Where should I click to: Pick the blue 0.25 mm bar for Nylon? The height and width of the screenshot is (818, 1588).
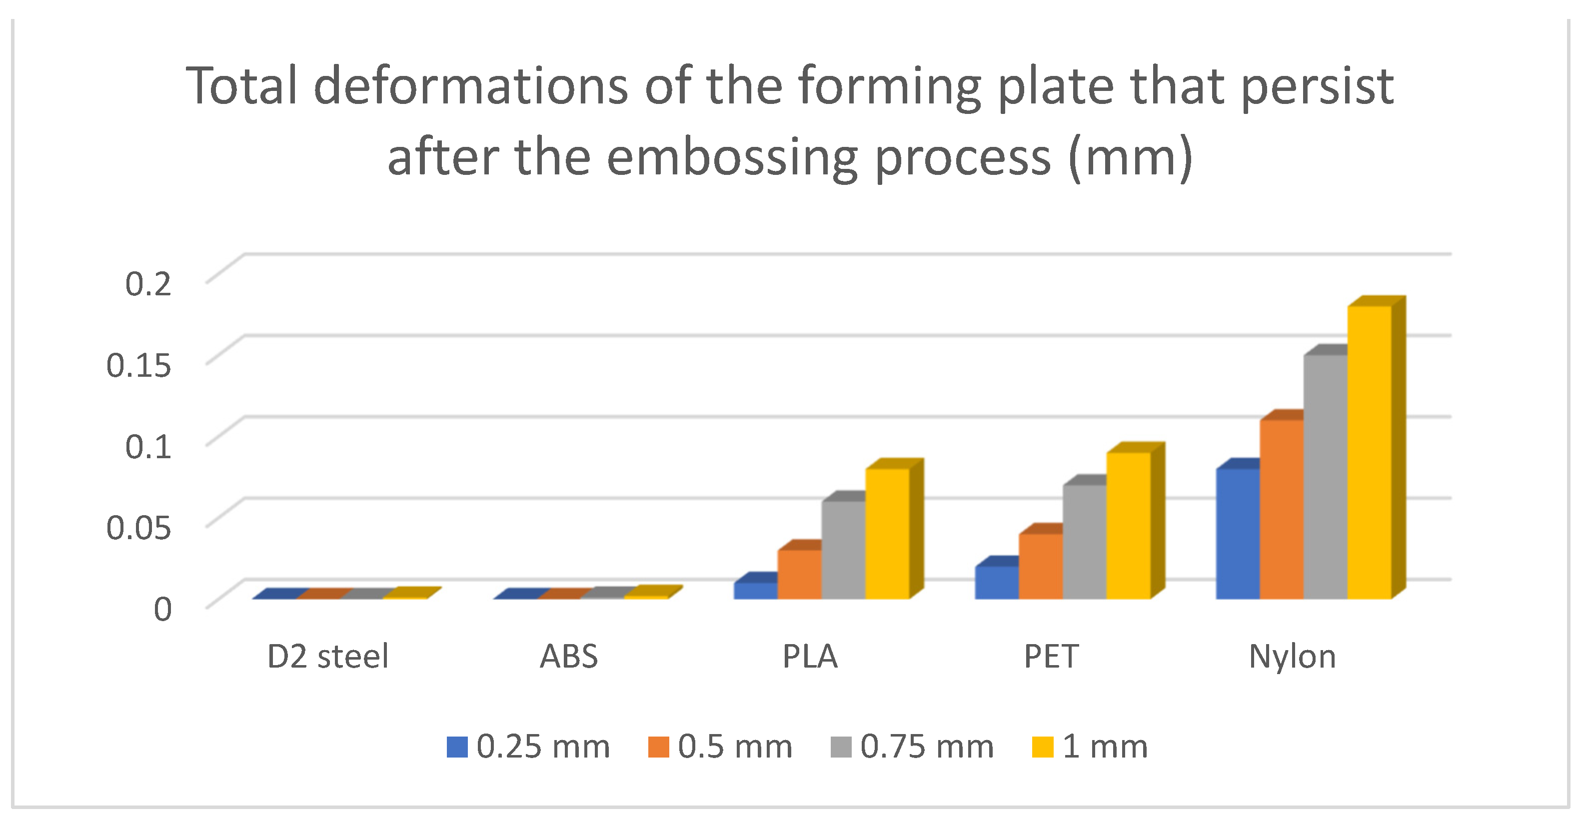pyautogui.click(x=1237, y=533)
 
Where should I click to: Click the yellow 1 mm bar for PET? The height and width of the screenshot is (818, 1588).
pyautogui.click(x=1128, y=525)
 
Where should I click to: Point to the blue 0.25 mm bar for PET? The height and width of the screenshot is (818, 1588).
pyautogui.click(x=996, y=583)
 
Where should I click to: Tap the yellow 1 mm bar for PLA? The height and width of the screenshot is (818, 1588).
pyautogui.click(x=887, y=533)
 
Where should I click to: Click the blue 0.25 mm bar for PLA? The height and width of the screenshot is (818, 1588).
pyautogui.click(x=755, y=591)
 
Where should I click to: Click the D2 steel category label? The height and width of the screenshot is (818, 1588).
pyautogui.click(x=328, y=657)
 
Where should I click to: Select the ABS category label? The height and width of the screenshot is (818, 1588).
pyautogui.click(x=568, y=657)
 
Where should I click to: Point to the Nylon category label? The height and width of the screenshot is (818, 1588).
pyautogui.click(x=1292, y=657)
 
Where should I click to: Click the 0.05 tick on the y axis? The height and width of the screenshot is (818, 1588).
pyautogui.click(x=138, y=528)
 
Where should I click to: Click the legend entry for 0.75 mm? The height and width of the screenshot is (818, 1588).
pyautogui.click(x=912, y=747)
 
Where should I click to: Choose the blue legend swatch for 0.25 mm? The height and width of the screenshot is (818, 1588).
pyautogui.click(x=457, y=747)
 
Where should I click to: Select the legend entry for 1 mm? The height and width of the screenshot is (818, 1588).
pyautogui.click(x=1090, y=747)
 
